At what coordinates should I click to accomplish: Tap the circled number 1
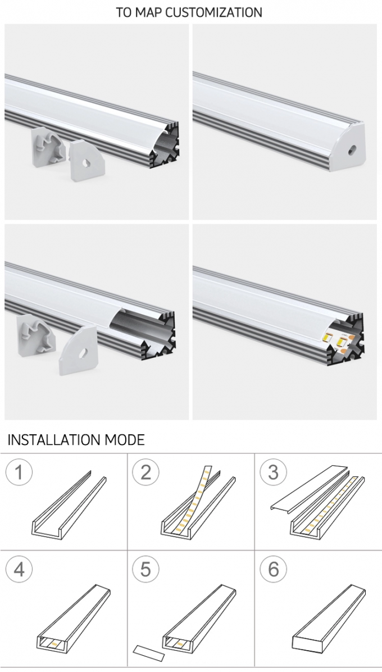19,472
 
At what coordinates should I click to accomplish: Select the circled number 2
145,472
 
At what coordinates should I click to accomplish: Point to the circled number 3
273,472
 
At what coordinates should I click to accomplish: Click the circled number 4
19,569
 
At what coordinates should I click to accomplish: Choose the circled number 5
145,569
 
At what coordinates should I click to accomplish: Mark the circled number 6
273,569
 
